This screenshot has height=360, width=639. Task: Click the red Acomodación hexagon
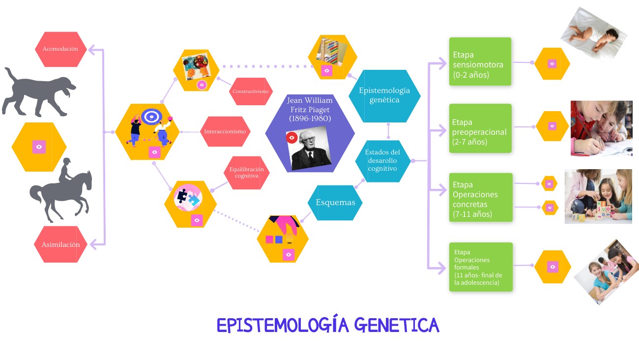[x=60, y=49]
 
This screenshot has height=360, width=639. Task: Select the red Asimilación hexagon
[x=60, y=244]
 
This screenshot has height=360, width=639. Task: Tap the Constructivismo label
[x=251, y=91]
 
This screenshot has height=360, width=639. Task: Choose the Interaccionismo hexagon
[x=225, y=132]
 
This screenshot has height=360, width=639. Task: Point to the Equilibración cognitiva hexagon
[x=247, y=173]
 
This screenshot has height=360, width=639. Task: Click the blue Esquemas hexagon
[x=335, y=202]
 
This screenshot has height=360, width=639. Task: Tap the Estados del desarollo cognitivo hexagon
[x=383, y=161]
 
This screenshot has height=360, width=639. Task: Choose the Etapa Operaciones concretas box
[x=480, y=197]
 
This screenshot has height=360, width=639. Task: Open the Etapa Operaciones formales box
[x=480, y=267]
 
